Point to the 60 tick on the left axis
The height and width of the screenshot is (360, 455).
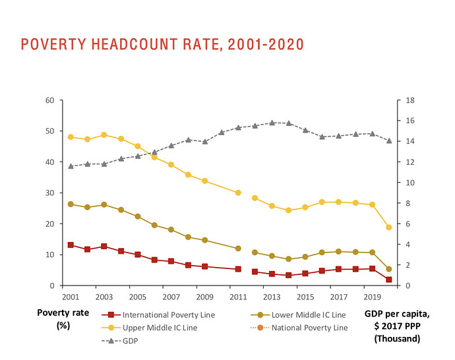tap(49, 100)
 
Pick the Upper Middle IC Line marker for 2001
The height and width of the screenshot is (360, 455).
tap(71, 137)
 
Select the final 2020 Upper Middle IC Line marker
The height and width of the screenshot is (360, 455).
tap(389, 227)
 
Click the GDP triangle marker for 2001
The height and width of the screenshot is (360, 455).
tap(71, 166)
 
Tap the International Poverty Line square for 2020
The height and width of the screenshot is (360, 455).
tap(389, 280)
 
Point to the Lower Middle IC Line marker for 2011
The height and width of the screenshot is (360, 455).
tap(238, 249)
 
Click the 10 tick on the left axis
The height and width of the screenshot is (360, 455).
tap(49, 255)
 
